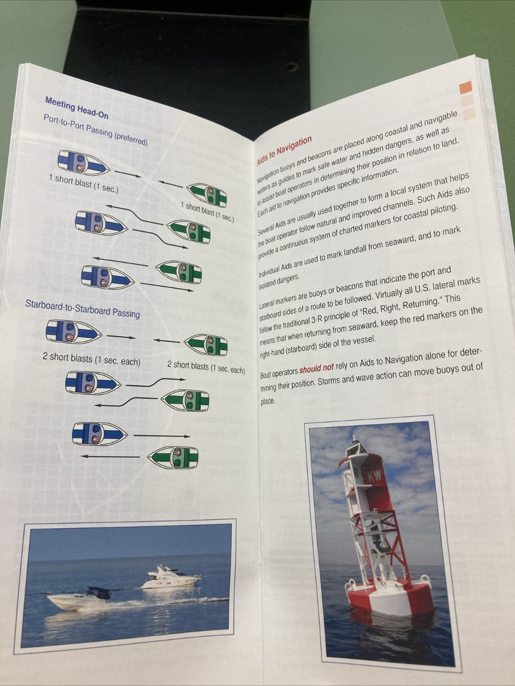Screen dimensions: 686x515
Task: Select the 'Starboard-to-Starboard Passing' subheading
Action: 82,309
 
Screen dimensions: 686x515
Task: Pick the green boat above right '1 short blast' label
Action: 207,194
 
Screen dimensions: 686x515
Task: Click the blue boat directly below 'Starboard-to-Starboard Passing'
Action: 73,331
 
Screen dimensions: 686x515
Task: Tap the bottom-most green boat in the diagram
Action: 173,457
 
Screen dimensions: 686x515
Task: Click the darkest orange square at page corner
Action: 465,87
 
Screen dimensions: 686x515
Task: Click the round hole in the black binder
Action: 292,67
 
